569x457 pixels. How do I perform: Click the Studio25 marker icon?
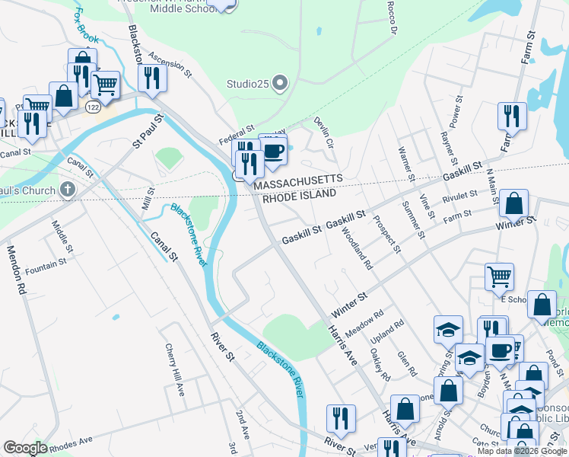[280, 83]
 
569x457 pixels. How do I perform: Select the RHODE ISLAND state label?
[299, 194]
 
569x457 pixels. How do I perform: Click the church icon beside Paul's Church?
[68, 190]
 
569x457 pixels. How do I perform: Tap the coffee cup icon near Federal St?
[273, 149]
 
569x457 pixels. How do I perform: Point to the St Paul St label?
[148, 131]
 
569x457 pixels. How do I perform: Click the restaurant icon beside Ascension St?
[152, 78]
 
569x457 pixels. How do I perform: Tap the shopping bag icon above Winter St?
[515, 203]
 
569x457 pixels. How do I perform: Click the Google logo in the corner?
[24, 448]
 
